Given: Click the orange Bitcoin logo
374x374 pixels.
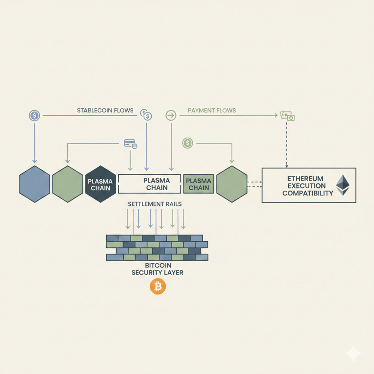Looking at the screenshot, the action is pos(158,286).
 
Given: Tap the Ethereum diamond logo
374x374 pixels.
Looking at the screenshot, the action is pos(343,185).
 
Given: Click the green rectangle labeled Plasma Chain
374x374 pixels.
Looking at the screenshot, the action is pos(198,184).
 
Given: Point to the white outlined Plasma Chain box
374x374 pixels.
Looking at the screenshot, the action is pos(150,184).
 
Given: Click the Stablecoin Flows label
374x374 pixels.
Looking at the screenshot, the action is pos(105,110).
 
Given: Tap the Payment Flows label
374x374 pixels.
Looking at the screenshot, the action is pos(212,110).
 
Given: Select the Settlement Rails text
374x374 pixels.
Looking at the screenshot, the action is pos(155,204).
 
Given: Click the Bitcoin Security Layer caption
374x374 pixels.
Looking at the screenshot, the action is pos(158,269).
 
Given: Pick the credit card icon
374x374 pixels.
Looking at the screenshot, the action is pos(131,144).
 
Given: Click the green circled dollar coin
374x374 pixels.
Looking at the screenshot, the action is pos(187,144).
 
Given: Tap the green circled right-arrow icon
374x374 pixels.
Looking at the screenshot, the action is pos(171,115).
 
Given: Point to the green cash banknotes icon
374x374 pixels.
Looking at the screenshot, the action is pos(287,116).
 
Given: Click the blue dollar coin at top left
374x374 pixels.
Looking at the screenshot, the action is pos(34,115).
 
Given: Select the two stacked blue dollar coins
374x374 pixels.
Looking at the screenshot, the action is pos(146,115).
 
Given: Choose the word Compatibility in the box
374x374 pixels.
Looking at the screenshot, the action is pos(308,193).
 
